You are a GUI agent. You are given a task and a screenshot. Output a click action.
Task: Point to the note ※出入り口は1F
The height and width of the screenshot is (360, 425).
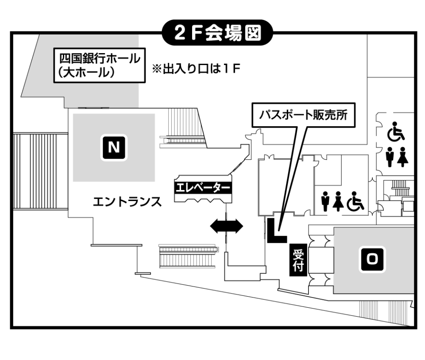click(197, 70)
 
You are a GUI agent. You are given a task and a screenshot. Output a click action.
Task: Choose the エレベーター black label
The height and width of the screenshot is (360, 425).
click(203, 188)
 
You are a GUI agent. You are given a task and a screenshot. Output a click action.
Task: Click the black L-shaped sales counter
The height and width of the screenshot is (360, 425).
click(275, 231)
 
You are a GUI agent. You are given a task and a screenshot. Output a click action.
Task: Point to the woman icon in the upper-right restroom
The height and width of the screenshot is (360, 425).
click(402, 158)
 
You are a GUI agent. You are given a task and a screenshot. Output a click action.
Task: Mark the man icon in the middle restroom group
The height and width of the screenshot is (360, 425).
click(326, 201)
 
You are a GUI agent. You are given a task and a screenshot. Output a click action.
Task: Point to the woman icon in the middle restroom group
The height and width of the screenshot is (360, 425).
click(339, 201)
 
